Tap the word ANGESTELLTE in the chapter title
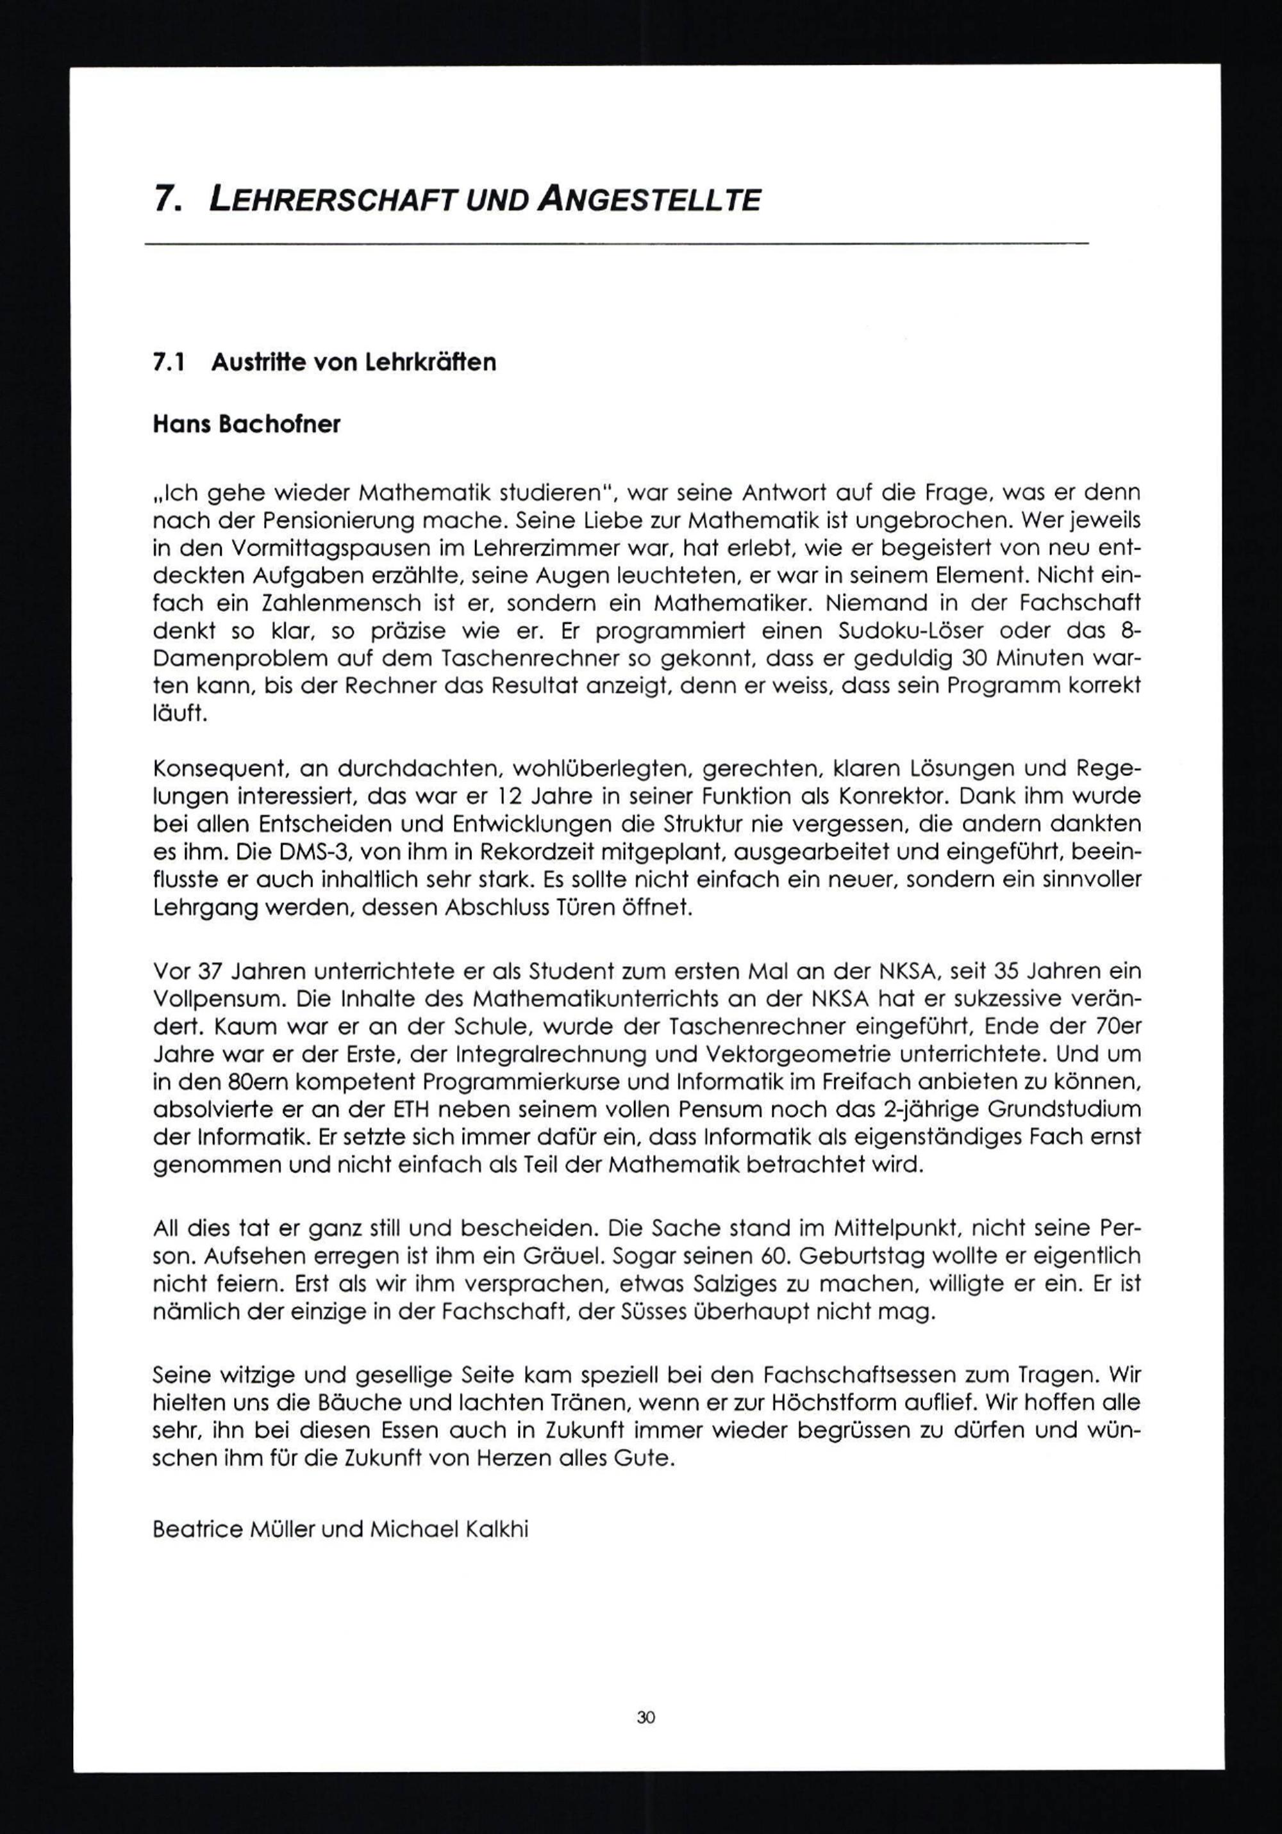[x=648, y=200]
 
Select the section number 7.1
[x=169, y=363]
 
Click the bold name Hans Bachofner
[x=246, y=424]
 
